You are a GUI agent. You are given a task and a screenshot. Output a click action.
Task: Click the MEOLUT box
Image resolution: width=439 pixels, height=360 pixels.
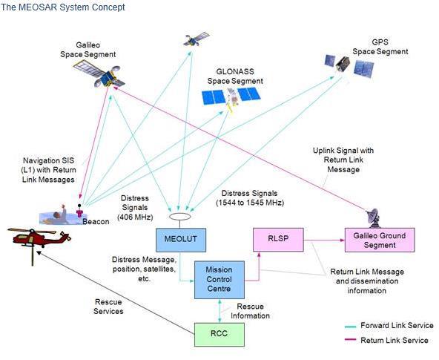click(x=181, y=240)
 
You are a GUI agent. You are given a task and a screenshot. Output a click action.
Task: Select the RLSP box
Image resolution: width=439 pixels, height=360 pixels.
click(x=278, y=240)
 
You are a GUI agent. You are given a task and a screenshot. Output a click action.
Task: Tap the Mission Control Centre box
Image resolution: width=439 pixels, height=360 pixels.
click(x=219, y=280)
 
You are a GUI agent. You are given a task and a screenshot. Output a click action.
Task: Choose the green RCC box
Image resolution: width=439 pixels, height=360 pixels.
click(x=219, y=335)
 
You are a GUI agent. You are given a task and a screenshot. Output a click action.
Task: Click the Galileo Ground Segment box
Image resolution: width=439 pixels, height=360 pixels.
click(x=380, y=240)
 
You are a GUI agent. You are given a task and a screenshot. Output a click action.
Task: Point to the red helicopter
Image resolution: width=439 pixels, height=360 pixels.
click(x=39, y=240)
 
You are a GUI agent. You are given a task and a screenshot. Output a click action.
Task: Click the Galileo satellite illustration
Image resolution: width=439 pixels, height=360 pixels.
click(x=99, y=74)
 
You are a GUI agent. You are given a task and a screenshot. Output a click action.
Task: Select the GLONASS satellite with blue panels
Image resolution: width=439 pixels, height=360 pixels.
click(x=231, y=98)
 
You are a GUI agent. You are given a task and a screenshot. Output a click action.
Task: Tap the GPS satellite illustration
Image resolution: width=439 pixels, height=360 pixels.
click(x=349, y=66)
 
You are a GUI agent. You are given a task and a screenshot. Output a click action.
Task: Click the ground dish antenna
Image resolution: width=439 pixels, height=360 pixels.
click(x=374, y=218)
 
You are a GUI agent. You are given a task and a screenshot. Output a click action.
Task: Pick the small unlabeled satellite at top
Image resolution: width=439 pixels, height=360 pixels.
click(x=197, y=39)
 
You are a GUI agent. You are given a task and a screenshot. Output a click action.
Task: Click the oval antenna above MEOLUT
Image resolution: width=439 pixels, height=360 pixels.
click(x=180, y=217)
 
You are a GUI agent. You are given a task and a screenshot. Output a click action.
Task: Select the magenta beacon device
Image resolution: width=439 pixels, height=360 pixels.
click(x=80, y=212)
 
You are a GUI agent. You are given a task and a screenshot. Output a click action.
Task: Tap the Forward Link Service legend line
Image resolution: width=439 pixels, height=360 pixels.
click(x=350, y=327)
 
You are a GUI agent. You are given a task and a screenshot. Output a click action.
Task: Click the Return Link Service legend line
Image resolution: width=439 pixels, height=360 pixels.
click(x=350, y=340)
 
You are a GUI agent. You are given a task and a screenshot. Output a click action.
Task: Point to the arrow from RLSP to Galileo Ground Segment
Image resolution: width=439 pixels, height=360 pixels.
click(x=324, y=240)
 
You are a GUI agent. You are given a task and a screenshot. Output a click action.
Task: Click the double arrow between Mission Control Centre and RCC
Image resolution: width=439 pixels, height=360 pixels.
click(x=219, y=311)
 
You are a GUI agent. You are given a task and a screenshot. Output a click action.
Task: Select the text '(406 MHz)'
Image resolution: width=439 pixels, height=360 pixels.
click(x=135, y=217)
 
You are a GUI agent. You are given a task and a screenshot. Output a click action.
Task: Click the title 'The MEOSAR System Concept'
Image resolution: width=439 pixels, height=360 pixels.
click(x=62, y=7)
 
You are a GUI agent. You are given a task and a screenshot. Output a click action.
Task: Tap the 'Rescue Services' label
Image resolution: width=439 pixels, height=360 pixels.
click(x=108, y=307)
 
